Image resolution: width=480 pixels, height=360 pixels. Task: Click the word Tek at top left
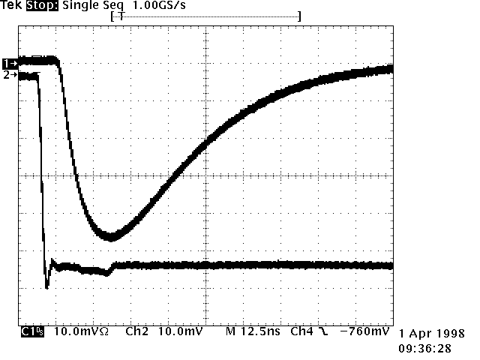point(10,5)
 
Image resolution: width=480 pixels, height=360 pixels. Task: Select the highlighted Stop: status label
point(41,5)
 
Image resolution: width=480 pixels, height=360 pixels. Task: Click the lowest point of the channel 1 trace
point(111,237)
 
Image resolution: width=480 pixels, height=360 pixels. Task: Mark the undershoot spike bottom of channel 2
point(47,286)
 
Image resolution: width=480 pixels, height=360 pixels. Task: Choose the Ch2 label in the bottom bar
point(136,331)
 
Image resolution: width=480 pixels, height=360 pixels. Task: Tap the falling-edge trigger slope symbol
point(323,331)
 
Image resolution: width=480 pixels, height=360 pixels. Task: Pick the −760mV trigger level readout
point(364,331)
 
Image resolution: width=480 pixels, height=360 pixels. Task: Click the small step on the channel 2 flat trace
point(111,268)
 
